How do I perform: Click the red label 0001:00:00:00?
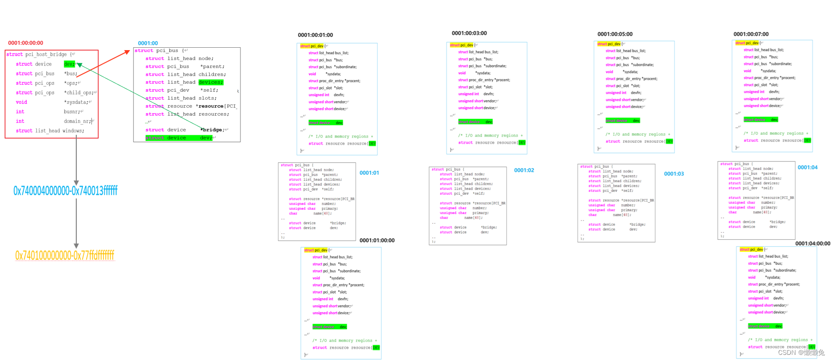coord(25,43)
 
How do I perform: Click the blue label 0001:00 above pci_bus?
coord(148,43)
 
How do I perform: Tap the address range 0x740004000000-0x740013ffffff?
coord(65,191)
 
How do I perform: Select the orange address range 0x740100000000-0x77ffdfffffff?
coord(65,255)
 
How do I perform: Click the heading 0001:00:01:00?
coord(315,35)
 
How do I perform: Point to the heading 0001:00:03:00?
coord(469,33)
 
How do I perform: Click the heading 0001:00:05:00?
coord(614,34)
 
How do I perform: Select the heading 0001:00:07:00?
coord(751,34)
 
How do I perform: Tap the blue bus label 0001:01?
coord(369,173)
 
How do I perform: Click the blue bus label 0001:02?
coord(524,170)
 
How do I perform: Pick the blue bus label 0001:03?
coord(674,174)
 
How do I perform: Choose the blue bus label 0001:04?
coord(807,167)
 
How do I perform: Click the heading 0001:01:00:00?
coord(377,240)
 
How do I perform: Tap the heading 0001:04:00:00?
coord(812,243)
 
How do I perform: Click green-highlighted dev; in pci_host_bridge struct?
coord(69,64)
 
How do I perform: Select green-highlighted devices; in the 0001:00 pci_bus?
coord(211,82)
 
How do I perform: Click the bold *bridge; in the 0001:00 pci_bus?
coord(212,130)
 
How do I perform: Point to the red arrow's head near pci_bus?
coord(128,51)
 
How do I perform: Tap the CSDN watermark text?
coord(801,353)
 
